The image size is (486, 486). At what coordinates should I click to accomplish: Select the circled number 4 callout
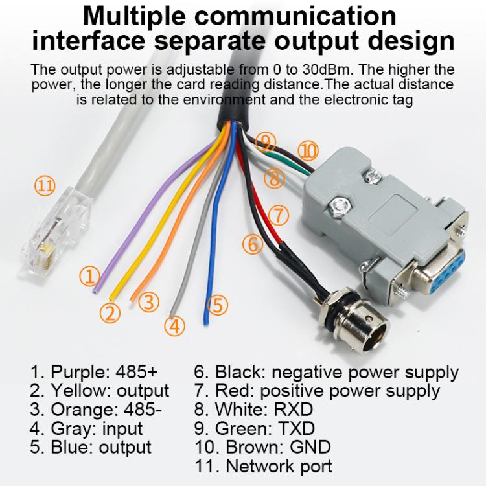pyautogui.click(x=173, y=326)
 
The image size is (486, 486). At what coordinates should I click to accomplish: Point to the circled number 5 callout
pyautogui.click(x=218, y=304)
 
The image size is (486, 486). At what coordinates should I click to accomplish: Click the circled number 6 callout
pyautogui.click(x=253, y=244)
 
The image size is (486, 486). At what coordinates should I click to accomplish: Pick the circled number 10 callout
pyautogui.click(x=309, y=151)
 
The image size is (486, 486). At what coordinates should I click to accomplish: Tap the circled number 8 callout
pyautogui.click(x=275, y=178)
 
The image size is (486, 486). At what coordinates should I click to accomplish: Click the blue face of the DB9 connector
pyautogui.click(x=441, y=279)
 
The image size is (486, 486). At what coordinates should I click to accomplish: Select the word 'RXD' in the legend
pyautogui.click(x=292, y=410)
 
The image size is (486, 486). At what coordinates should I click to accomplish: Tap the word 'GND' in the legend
pyautogui.click(x=308, y=447)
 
